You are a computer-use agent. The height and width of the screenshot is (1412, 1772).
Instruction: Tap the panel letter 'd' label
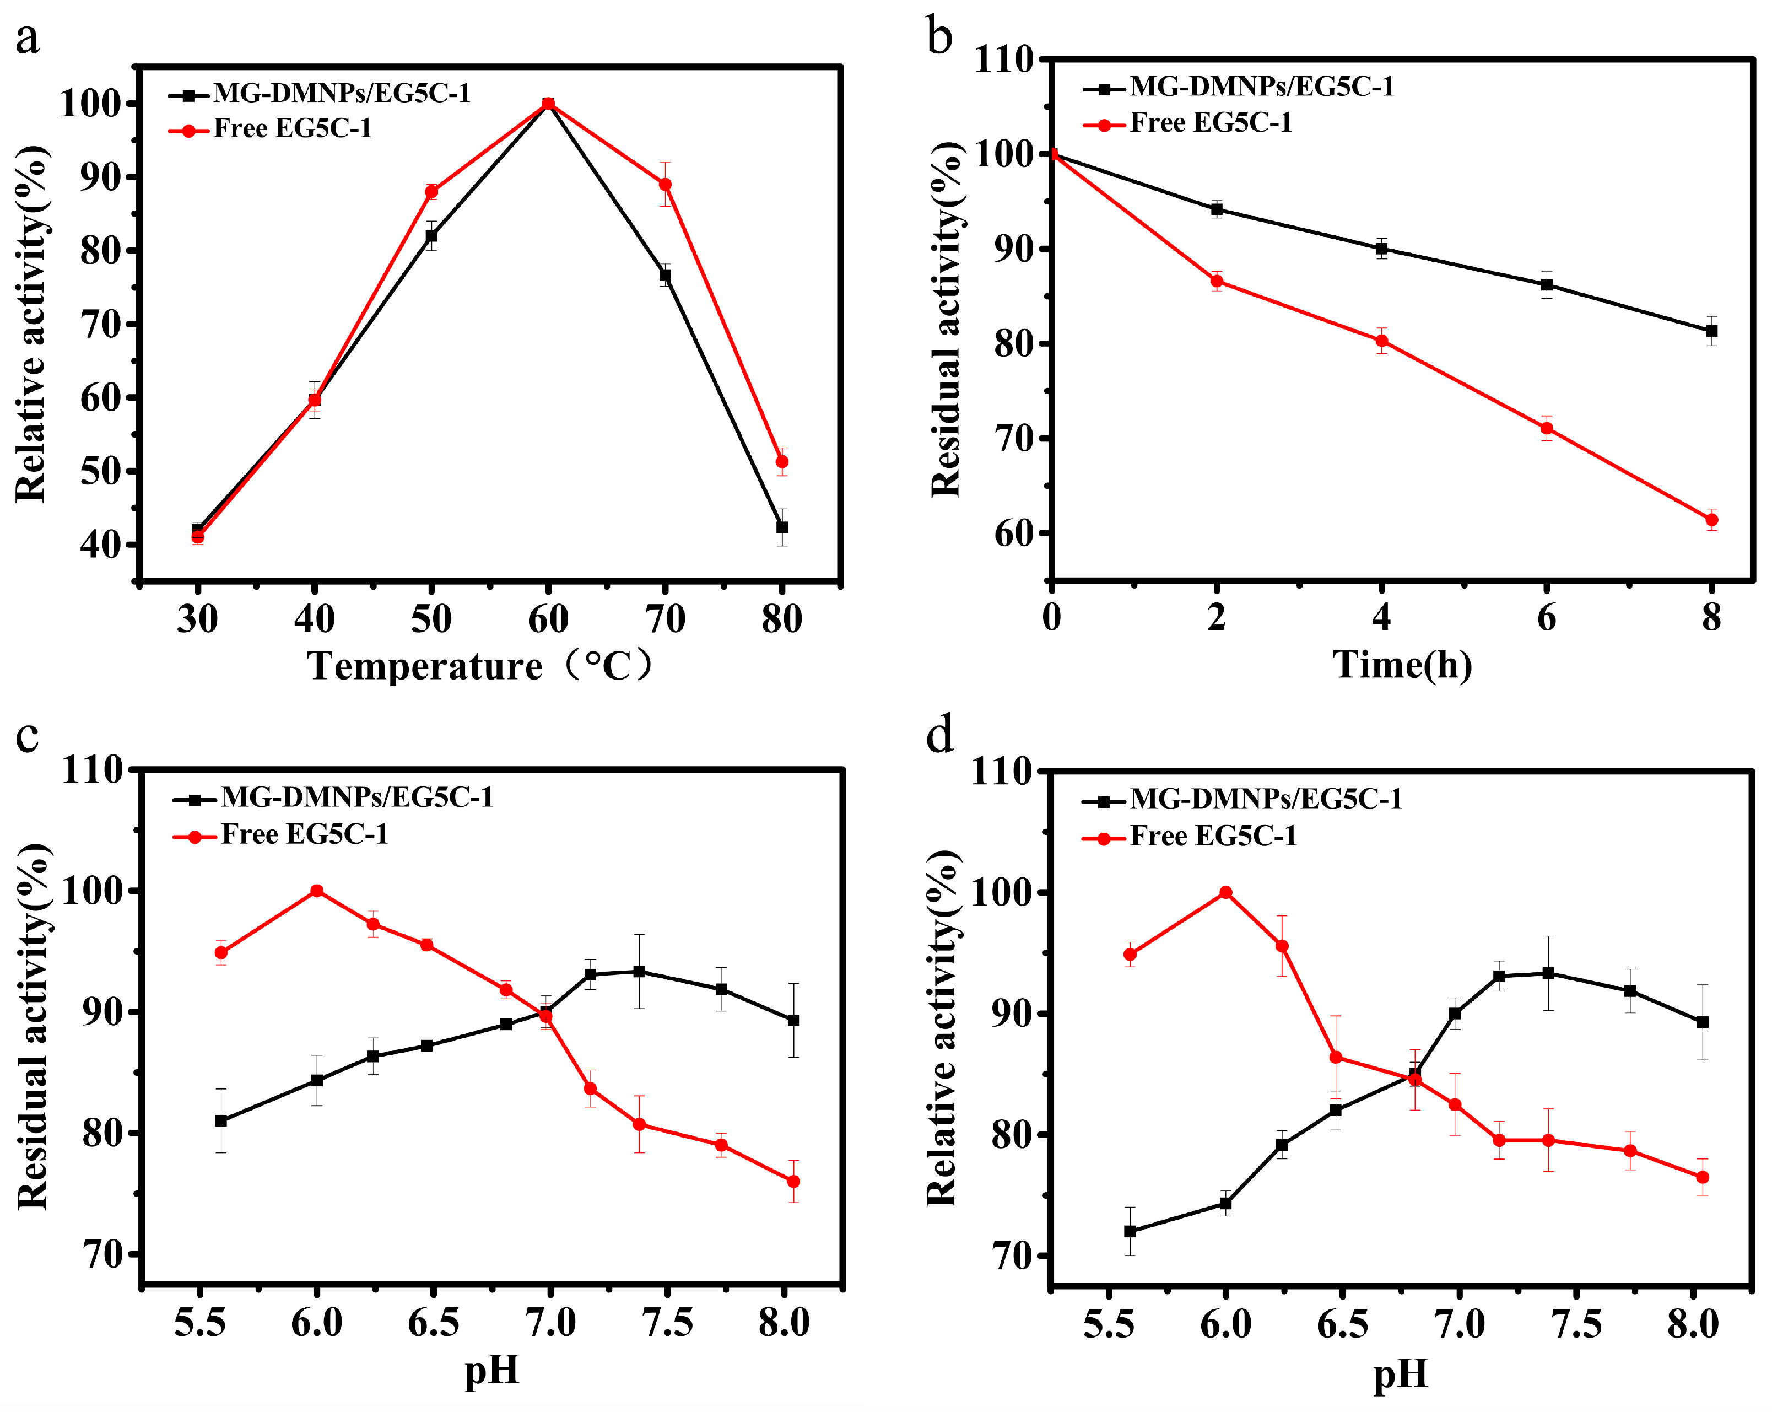(x=939, y=734)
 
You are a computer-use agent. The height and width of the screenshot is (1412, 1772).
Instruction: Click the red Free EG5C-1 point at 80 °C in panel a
(x=782, y=462)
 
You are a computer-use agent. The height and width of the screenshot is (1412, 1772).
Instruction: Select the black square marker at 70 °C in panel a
(x=665, y=276)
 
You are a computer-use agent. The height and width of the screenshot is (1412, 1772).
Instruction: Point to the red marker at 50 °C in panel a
(x=431, y=191)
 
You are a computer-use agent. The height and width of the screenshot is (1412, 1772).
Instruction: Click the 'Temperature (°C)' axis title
(x=481, y=666)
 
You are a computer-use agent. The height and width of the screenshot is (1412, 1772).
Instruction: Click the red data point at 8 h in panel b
(x=1712, y=519)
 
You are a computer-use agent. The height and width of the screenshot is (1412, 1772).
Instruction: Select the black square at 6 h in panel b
(x=1547, y=285)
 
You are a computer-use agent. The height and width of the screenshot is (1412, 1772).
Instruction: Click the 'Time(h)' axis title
(x=1402, y=664)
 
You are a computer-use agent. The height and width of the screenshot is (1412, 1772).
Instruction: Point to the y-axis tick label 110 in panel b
(x=1003, y=59)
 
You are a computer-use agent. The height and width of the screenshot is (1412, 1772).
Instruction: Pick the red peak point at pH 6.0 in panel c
(x=316, y=891)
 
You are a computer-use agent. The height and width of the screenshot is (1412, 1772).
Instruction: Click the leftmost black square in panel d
(x=1130, y=1231)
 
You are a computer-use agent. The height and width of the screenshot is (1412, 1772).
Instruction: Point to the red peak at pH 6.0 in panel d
(x=1225, y=893)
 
